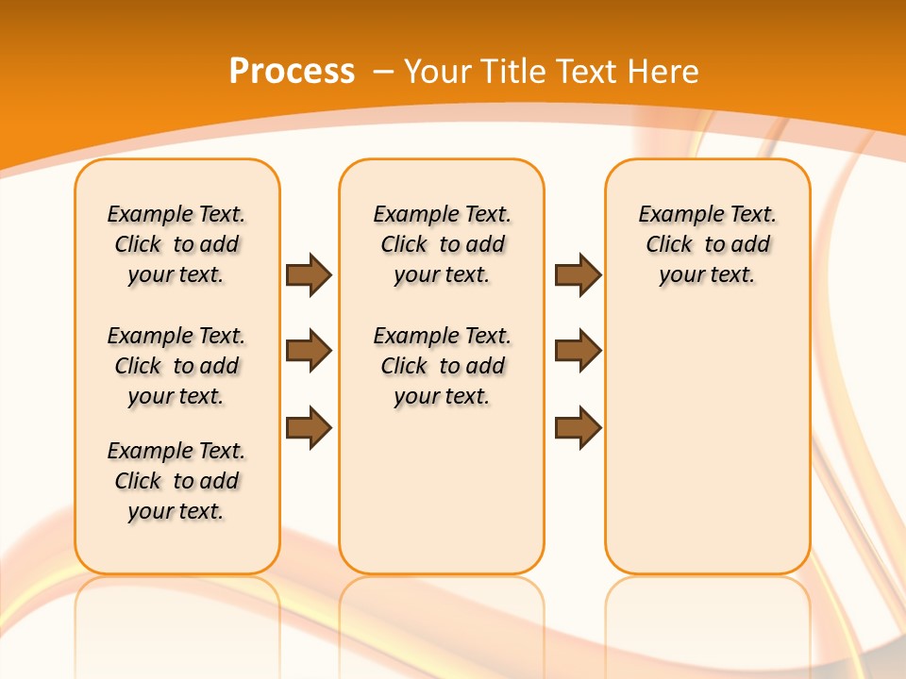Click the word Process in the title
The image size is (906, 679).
(x=292, y=72)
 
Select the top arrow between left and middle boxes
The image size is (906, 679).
(x=309, y=274)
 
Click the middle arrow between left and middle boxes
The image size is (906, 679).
(x=309, y=351)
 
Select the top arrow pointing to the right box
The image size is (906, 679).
(x=578, y=274)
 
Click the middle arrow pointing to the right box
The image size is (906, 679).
(x=578, y=351)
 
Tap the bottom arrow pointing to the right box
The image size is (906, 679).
(x=578, y=427)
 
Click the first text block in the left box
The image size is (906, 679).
(x=176, y=244)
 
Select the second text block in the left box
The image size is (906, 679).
(x=176, y=366)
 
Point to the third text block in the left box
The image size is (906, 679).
(x=176, y=481)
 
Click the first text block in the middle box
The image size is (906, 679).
(x=442, y=244)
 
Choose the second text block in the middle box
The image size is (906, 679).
(x=442, y=366)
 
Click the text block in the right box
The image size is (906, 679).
(x=707, y=244)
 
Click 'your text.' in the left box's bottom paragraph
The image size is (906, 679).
(x=176, y=511)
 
